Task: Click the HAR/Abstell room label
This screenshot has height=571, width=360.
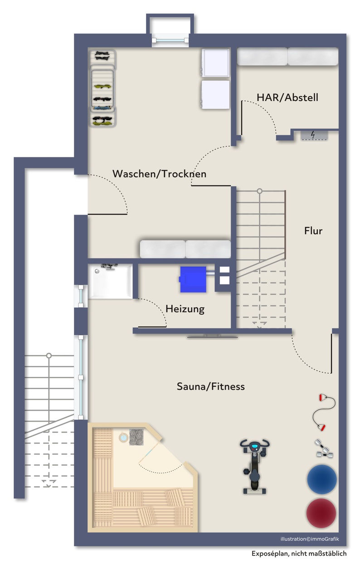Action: pos(287,98)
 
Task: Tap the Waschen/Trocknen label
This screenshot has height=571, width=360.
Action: pos(160,174)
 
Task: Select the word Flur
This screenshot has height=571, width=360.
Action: pos(313,231)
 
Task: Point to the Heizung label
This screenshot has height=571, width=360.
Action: pos(185,309)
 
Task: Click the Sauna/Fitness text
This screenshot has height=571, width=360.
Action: pos(211,386)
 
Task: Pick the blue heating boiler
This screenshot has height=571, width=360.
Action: pos(193,279)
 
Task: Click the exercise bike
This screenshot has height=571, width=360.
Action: pos(254,466)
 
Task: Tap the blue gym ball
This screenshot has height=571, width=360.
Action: pos(322,479)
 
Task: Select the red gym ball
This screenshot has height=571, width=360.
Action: pos(321,513)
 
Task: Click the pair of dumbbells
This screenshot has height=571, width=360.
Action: pos(324,449)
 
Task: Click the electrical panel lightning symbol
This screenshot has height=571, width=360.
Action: pos(313,135)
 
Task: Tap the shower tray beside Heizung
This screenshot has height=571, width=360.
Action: pos(110,282)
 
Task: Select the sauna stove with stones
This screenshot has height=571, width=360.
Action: pos(136,437)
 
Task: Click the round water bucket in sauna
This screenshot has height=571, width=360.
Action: pos(124,438)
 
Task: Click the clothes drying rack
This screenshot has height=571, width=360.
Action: pos(102,88)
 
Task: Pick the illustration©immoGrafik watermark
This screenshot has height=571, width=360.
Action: pos(310,539)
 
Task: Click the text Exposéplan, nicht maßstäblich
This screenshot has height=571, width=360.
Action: pos(299,554)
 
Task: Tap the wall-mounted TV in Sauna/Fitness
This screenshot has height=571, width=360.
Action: pos(213,337)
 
